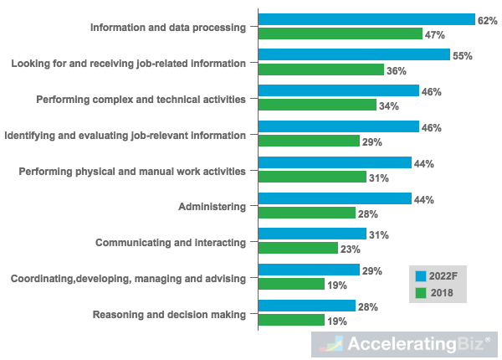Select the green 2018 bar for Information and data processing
click(341, 34)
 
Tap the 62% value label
click(487, 19)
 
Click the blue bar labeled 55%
click(354, 55)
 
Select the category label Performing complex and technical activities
click(141, 99)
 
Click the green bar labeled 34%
click(317, 105)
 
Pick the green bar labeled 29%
click(309, 141)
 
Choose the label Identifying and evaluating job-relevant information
click(125, 135)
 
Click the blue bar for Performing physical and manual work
click(335, 163)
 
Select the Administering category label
click(212, 206)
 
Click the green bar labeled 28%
click(307, 213)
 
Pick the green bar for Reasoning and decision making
click(291, 321)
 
